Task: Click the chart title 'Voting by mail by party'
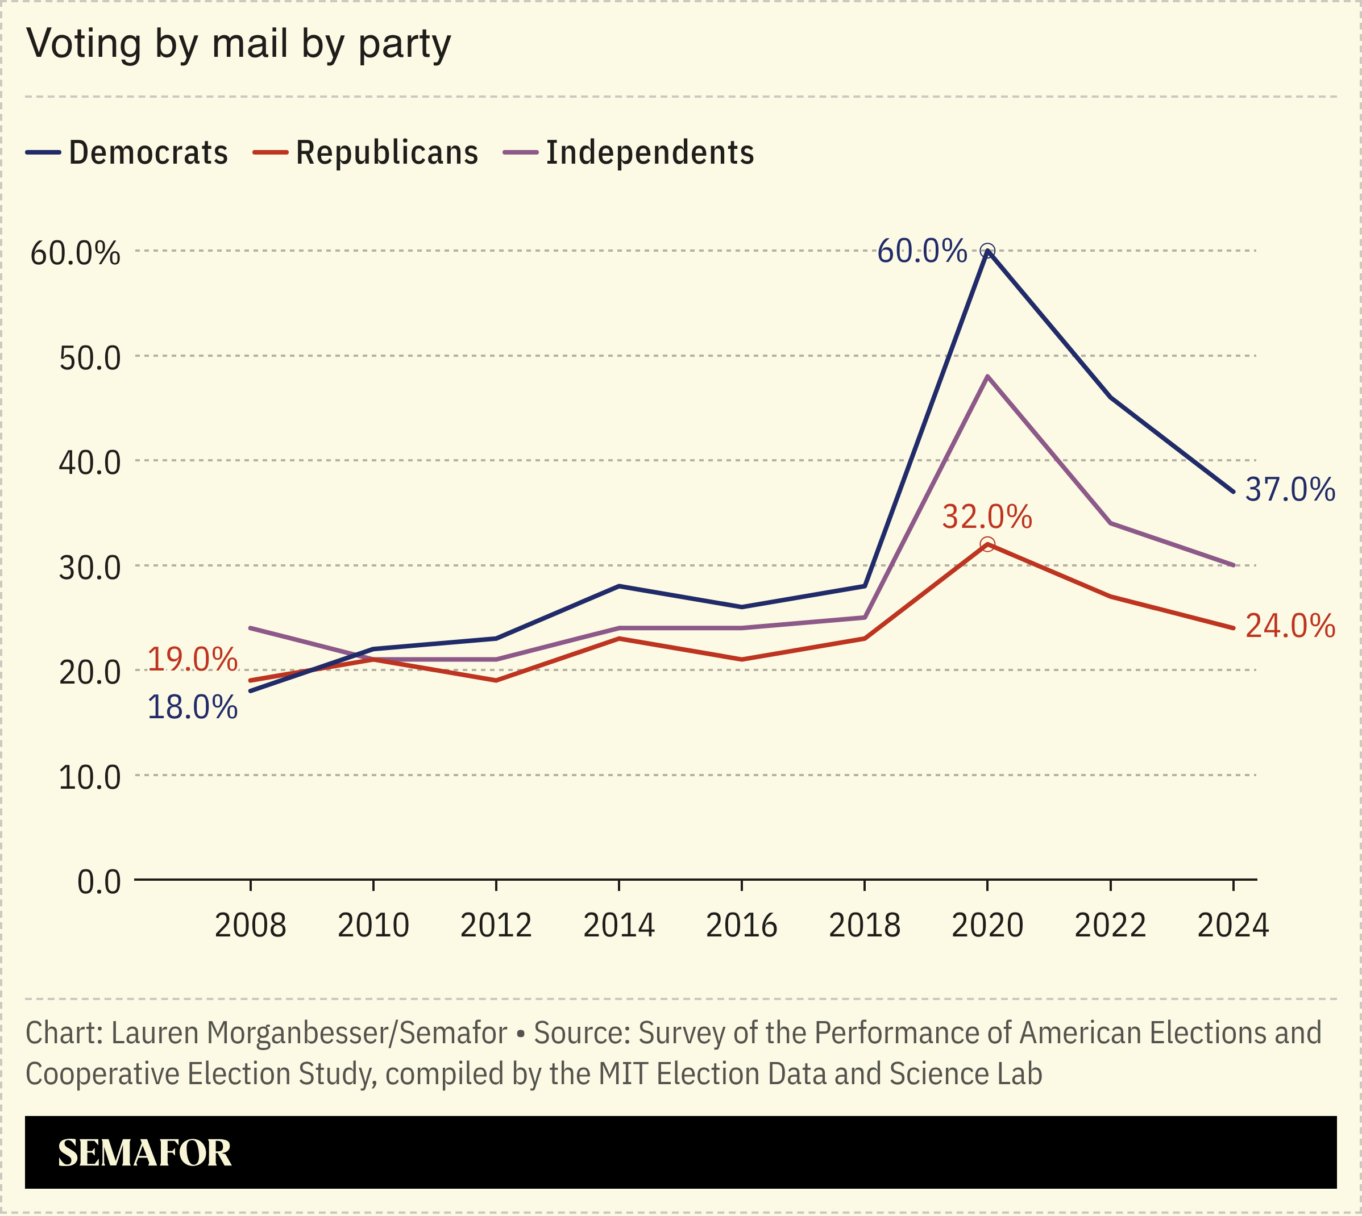click(239, 45)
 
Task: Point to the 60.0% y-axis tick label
click(76, 253)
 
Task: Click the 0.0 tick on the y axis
click(99, 882)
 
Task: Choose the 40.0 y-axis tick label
click(90, 463)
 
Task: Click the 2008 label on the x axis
click(250, 926)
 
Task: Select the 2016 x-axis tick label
click(741, 926)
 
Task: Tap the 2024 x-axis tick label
click(1232, 926)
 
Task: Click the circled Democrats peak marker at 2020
click(987, 251)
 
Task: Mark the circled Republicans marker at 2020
click(987, 544)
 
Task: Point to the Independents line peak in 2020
click(987, 377)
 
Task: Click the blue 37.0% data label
click(1290, 490)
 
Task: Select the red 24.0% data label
click(1290, 626)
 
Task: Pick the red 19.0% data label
click(192, 660)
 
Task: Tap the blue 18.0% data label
click(192, 707)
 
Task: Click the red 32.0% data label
click(987, 517)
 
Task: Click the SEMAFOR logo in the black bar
click(144, 1152)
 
